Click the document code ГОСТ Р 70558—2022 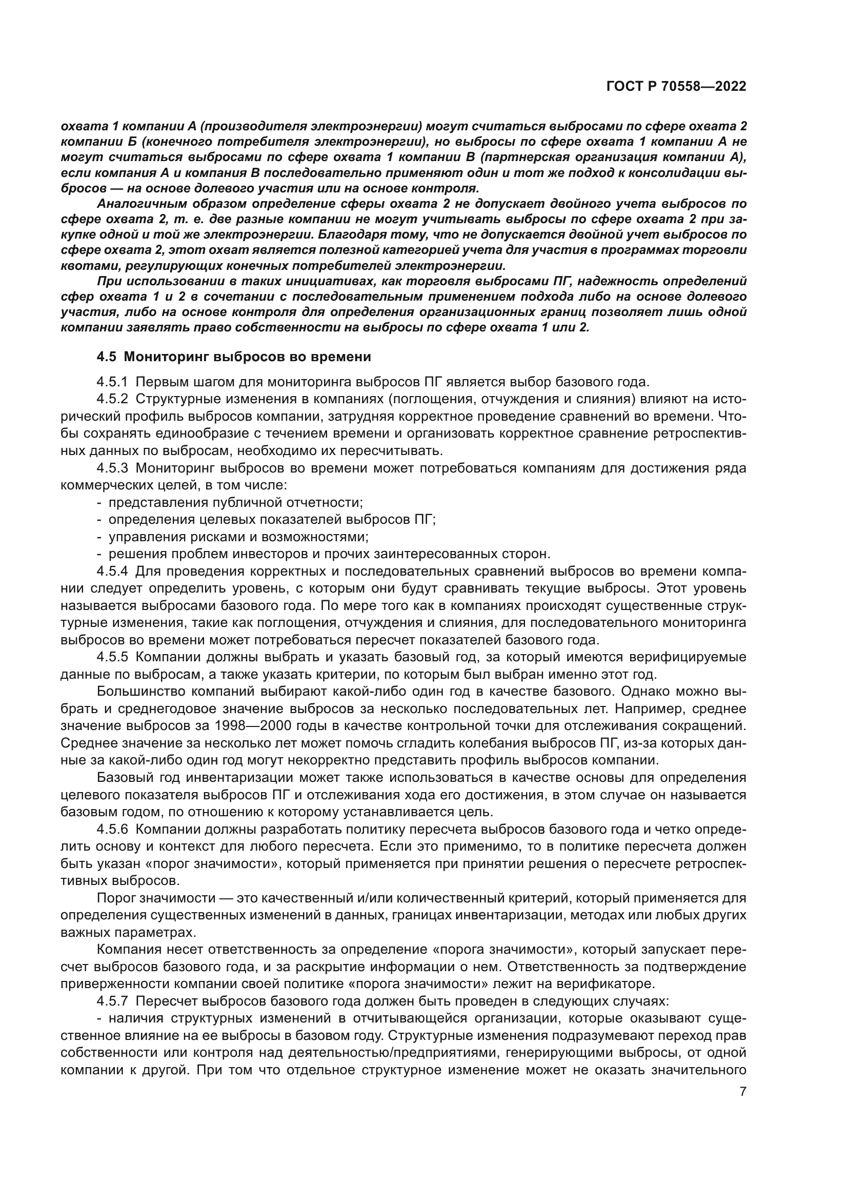676,87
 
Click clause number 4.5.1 112,382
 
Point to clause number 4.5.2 112,399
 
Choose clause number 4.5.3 112,468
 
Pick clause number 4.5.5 112,657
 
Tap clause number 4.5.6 112,830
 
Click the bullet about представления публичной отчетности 235,502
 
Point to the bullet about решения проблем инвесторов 329,554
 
